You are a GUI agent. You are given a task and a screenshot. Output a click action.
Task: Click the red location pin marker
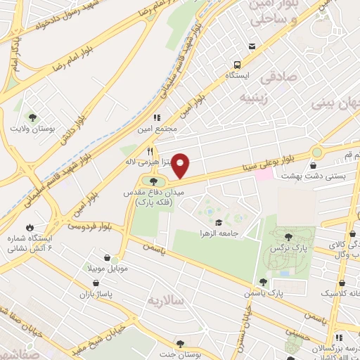pos(181,165)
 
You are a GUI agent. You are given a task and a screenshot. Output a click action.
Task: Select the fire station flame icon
pos(30,226)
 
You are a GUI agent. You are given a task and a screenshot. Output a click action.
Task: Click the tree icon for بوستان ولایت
pos(32,116)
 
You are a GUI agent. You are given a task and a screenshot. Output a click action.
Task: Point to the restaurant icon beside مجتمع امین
pos(157,117)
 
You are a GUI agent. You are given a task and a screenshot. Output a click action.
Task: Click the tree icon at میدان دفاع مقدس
pos(155,184)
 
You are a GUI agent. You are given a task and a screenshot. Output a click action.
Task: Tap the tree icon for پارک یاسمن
pos(263,282)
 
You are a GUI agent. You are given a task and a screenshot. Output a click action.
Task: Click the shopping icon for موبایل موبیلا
pos(105,258)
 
